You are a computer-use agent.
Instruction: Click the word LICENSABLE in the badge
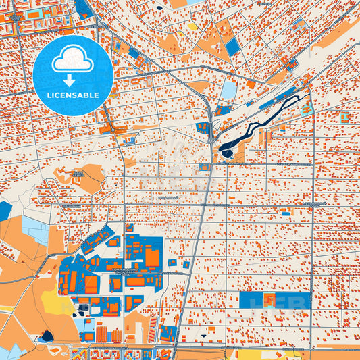pyautogui.click(x=73, y=95)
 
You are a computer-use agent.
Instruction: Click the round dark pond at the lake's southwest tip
pyautogui.click(x=225, y=153)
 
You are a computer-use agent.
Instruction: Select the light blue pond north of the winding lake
pyautogui.click(x=230, y=91)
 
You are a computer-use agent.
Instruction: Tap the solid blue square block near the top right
pyautogui.click(x=232, y=47)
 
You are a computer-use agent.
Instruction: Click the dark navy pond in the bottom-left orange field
pyautogui.click(x=47, y=335)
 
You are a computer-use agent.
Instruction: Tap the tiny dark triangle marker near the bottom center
pyautogui.click(x=201, y=335)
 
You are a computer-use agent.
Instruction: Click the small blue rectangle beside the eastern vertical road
pyautogui.click(x=286, y=213)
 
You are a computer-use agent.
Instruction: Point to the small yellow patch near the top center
pyautogui.click(x=192, y=26)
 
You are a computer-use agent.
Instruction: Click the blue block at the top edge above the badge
pyautogui.click(x=84, y=8)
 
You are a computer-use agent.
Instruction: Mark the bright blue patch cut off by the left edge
pyautogui.click(x=5, y=211)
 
